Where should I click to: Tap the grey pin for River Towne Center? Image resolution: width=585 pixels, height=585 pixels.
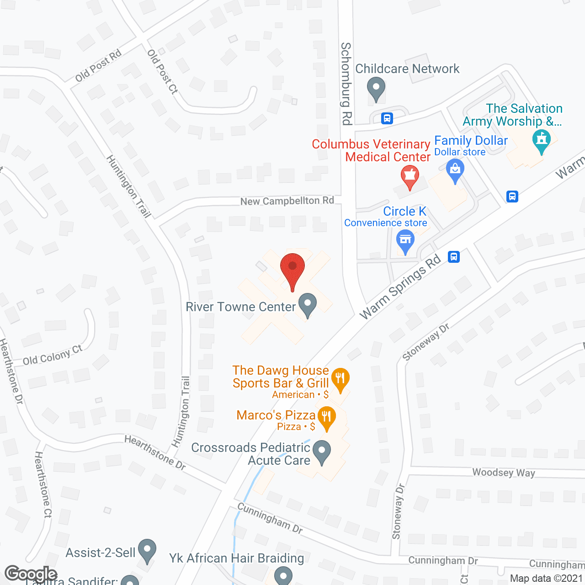pos(308,305)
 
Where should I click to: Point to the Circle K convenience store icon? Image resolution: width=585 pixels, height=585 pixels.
pos(405,241)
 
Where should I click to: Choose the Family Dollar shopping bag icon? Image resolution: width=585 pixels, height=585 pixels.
pos(455,170)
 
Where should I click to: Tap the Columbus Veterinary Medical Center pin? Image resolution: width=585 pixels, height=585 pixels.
pos(409,177)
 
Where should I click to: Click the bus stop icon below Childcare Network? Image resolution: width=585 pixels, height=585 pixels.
pos(387,118)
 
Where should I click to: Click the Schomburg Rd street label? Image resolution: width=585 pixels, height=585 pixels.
pos(346,84)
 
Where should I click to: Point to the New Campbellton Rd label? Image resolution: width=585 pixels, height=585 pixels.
pos(287,201)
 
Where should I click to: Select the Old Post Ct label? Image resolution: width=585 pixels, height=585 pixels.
pos(162,72)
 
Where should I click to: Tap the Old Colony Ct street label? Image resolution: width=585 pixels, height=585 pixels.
pos(53,355)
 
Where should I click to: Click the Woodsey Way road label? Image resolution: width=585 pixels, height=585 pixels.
pos(503,473)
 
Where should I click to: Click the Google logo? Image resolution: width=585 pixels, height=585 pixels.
pos(31,574)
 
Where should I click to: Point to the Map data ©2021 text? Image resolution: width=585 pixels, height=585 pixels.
pos(547,578)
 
